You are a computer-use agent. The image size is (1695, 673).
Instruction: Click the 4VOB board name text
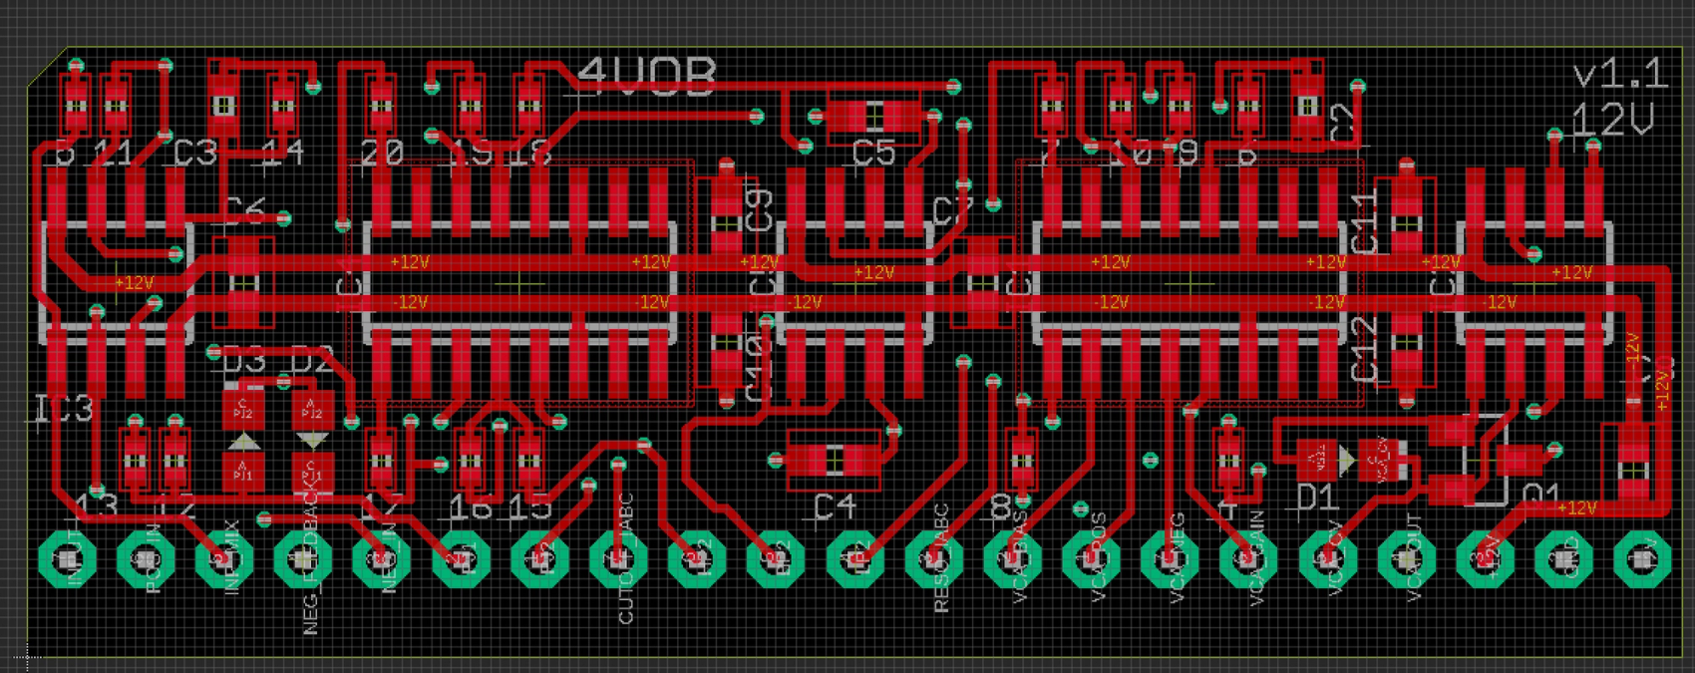(647, 77)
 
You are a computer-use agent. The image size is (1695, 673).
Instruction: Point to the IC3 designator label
(64, 409)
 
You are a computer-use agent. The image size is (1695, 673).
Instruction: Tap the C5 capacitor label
(874, 155)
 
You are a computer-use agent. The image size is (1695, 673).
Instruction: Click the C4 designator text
(835, 507)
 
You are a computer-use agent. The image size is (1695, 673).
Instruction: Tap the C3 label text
(194, 155)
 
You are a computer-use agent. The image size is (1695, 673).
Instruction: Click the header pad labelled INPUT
(67, 560)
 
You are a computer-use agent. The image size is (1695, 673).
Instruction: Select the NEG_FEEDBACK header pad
(303, 560)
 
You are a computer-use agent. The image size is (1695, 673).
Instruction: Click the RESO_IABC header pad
(933, 560)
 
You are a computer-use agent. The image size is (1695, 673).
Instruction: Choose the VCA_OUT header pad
(1406, 560)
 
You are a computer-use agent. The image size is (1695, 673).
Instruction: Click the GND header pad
(1563, 560)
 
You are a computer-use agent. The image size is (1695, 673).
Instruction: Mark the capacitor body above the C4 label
(835, 460)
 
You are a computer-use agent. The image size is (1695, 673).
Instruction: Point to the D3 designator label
(242, 362)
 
